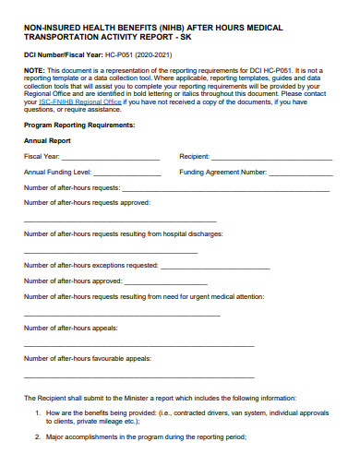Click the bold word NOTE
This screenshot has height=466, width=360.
tap(33, 69)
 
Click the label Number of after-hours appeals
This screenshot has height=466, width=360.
tap(70, 328)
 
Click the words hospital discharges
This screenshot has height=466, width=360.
tap(210, 233)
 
